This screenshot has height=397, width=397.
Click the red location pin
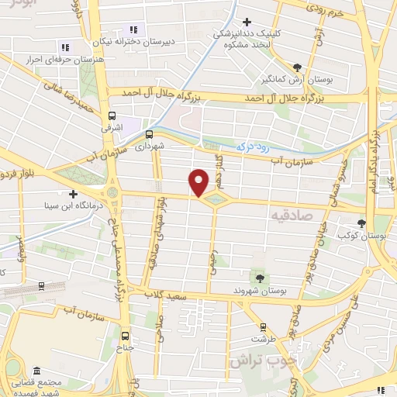pos(199,181)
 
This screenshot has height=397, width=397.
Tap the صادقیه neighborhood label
pos(288,212)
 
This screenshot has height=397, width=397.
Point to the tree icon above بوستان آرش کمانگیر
pos(298,67)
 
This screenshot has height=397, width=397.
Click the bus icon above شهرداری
pos(150,133)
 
